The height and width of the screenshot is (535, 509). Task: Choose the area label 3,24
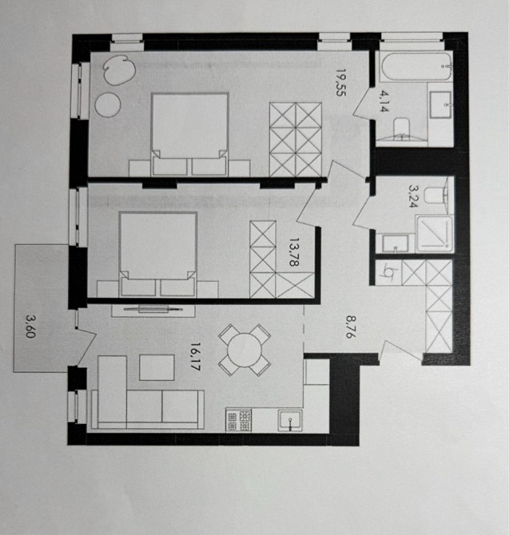413,196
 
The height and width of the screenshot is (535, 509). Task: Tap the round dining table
244,349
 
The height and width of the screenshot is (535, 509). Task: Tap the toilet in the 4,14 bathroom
404,126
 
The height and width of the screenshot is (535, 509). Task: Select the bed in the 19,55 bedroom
190,132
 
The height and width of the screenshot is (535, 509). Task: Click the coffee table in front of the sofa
157,367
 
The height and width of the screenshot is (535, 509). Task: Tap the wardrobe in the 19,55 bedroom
295,139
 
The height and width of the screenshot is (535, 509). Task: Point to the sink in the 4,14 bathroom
440,103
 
